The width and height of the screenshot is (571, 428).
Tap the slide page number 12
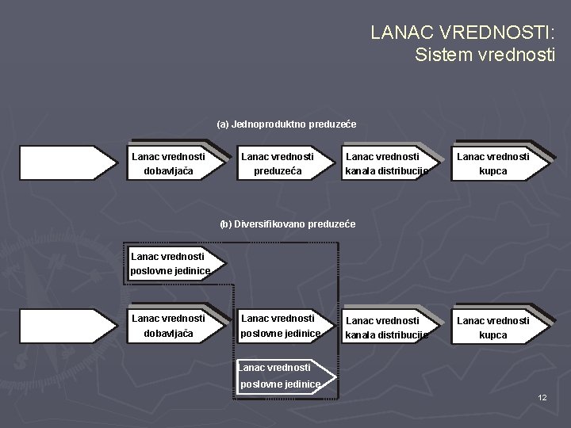(x=542, y=396)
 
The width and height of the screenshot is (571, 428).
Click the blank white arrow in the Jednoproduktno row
(x=67, y=164)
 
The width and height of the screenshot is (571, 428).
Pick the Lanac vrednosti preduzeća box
(x=277, y=164)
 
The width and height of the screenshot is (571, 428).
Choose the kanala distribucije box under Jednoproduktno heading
(x=388, y=164)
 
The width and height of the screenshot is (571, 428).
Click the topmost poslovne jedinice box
(x=170, y=263)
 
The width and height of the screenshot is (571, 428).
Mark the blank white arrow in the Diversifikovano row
(x=67, y=326)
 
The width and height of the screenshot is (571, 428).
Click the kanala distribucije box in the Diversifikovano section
(x=388, y=327)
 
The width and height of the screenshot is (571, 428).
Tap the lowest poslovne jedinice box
(x=279, y=376)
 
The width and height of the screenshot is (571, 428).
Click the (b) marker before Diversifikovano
(x=225, y=224)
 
